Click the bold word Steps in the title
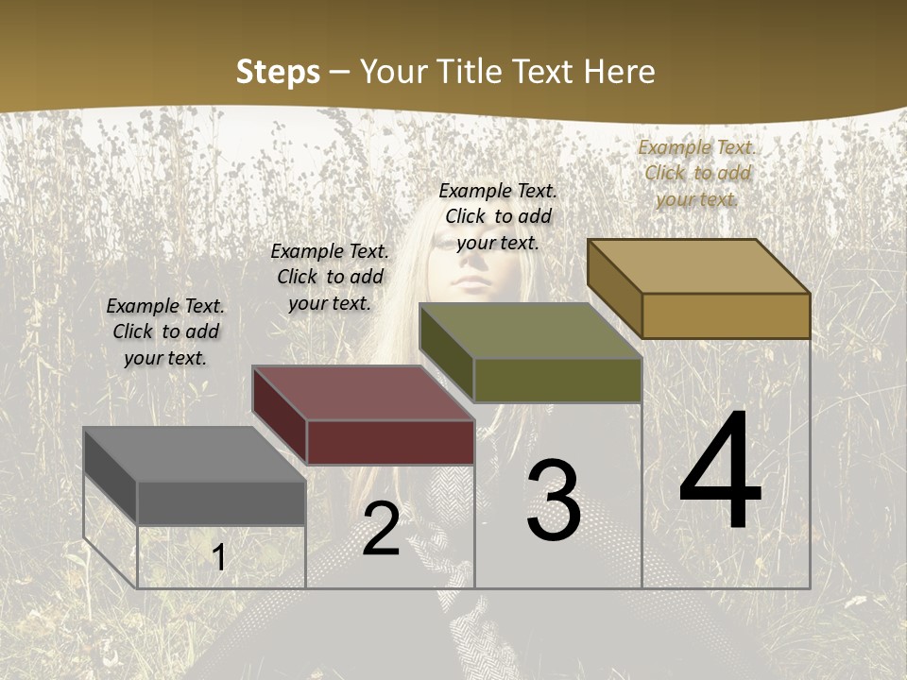278,72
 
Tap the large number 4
720,472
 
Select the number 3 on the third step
553,501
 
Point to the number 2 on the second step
381,530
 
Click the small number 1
219,557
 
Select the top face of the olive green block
530,331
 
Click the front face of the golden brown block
726,315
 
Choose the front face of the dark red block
390,442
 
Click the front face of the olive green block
557,381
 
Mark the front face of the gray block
221,502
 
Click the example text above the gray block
165,331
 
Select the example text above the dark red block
330,277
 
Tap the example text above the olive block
498,216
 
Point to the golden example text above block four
697,173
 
